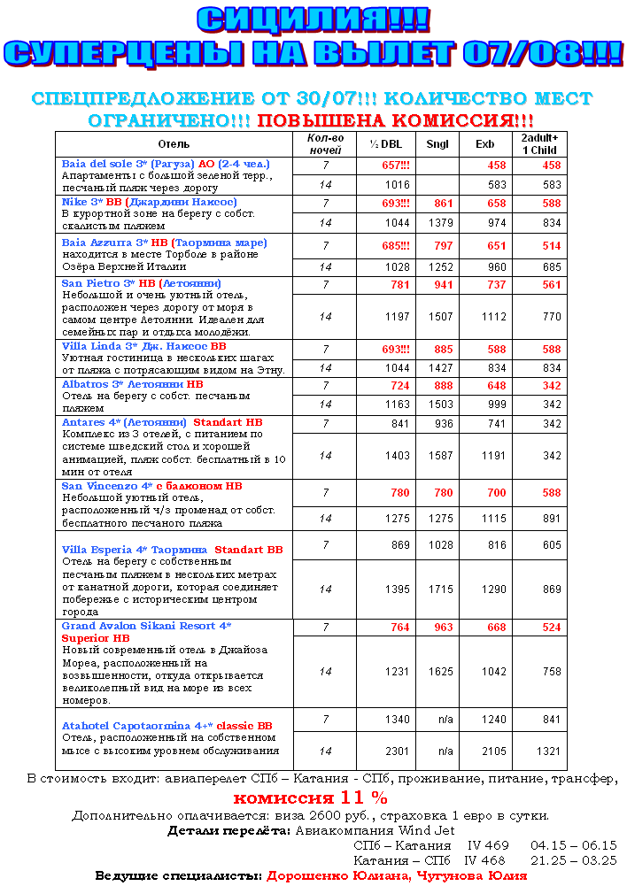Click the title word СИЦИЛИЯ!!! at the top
pos(313,19)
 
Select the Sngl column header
pos(437,143)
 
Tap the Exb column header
pos(484,143)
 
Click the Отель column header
pos(174,143)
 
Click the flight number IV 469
pos(488,845)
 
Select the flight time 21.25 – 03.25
pos(573,859)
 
